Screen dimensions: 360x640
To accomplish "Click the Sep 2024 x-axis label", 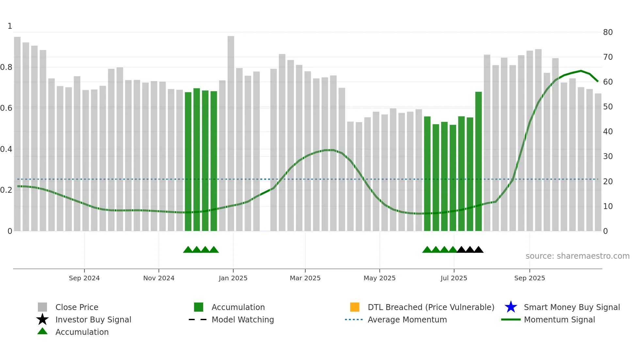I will (84, 278).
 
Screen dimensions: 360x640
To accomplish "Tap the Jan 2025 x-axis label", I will (233, 278).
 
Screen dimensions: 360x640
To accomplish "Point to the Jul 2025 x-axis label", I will (454, 278).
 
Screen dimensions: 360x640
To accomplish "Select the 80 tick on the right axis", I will (608, 32).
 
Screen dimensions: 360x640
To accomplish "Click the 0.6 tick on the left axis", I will (6, 108).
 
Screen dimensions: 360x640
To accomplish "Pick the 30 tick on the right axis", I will (608, 156).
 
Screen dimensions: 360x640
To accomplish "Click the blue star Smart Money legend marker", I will (511, 307).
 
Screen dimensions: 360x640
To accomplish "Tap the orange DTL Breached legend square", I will (355, 307).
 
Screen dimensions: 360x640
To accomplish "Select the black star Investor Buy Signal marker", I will (42, 319).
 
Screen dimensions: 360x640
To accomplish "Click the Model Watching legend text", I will (243, 319).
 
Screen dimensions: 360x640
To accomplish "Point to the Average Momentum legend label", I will (407, 319).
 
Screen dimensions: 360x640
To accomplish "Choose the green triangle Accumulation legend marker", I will (42, 331).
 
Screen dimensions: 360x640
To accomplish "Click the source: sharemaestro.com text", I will (577, 256).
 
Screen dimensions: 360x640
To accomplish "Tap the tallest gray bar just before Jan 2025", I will (231, 131).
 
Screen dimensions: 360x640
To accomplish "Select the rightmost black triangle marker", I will (478, 250).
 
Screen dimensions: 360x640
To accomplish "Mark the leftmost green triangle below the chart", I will (188, 250).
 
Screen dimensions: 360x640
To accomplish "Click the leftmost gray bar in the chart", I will (17, 131).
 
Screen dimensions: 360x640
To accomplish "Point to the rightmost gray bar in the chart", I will (598, 163).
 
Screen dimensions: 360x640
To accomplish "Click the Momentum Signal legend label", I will (559, 319).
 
